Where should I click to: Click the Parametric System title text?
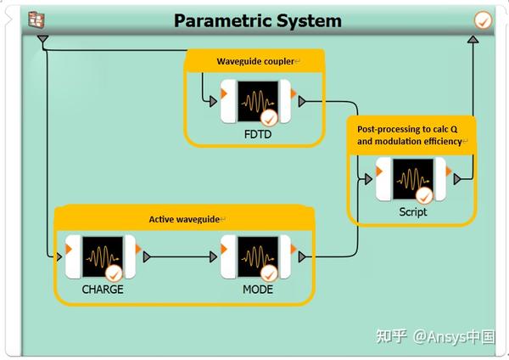(258, 20)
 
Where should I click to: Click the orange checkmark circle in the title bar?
(484, 20)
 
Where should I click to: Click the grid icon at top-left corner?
(36, 20)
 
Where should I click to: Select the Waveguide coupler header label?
(255, 62)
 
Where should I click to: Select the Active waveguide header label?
(185, 219)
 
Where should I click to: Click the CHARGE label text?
(103, 289)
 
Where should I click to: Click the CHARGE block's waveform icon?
(103, 256)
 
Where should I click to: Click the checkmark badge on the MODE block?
(269, 273)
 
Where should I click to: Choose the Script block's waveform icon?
(411, 179)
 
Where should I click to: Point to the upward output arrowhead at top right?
(473, 40)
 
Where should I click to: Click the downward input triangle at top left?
(43, 40)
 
